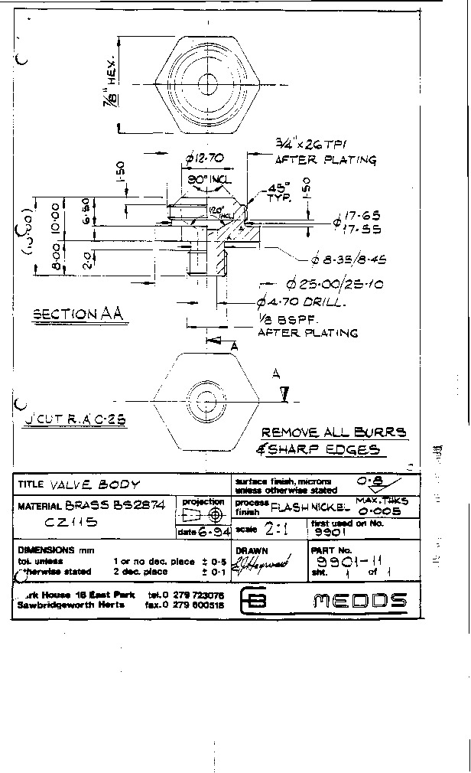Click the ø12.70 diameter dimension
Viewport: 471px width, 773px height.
click(x=203, y=158)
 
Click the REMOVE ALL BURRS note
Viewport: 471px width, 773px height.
click(x=334, y=432)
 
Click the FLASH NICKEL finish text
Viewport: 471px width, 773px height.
click(x=313, y=506)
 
